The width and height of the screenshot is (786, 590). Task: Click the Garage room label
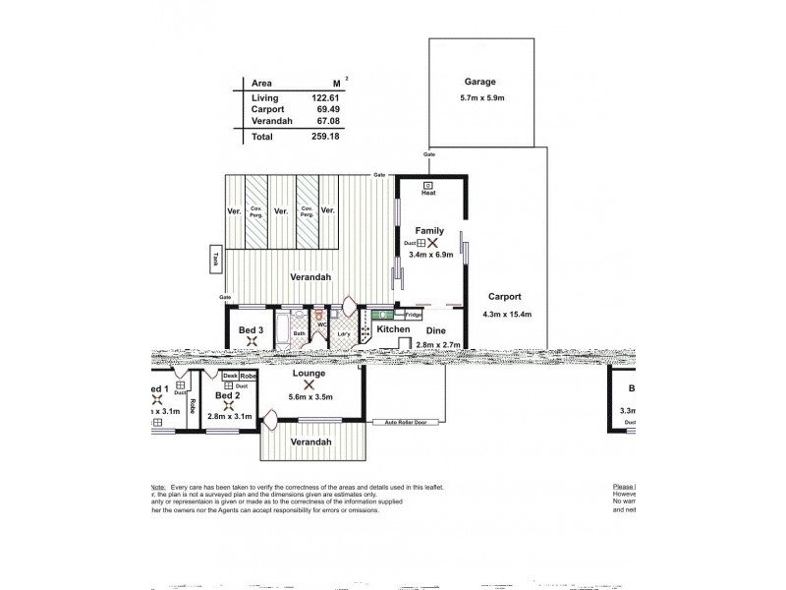pos(480,82)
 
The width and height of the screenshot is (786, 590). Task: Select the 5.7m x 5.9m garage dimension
pos(480,97)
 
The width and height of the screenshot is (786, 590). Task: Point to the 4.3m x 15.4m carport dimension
pos(506,314)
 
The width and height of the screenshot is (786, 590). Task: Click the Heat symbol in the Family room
pos(428,186)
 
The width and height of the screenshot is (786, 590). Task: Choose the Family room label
pos(429,231)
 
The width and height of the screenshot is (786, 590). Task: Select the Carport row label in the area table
pos(268,109)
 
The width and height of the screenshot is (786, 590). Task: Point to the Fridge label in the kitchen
pos(413,315)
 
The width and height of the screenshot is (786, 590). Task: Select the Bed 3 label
pos(251,329)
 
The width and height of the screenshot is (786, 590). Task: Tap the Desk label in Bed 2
pos(231,376)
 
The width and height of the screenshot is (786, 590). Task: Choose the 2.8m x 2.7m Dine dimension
pos(437,345)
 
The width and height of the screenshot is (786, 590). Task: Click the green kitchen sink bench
pos(382,315)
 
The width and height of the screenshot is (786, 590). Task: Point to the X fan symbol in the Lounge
pos(308,386)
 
